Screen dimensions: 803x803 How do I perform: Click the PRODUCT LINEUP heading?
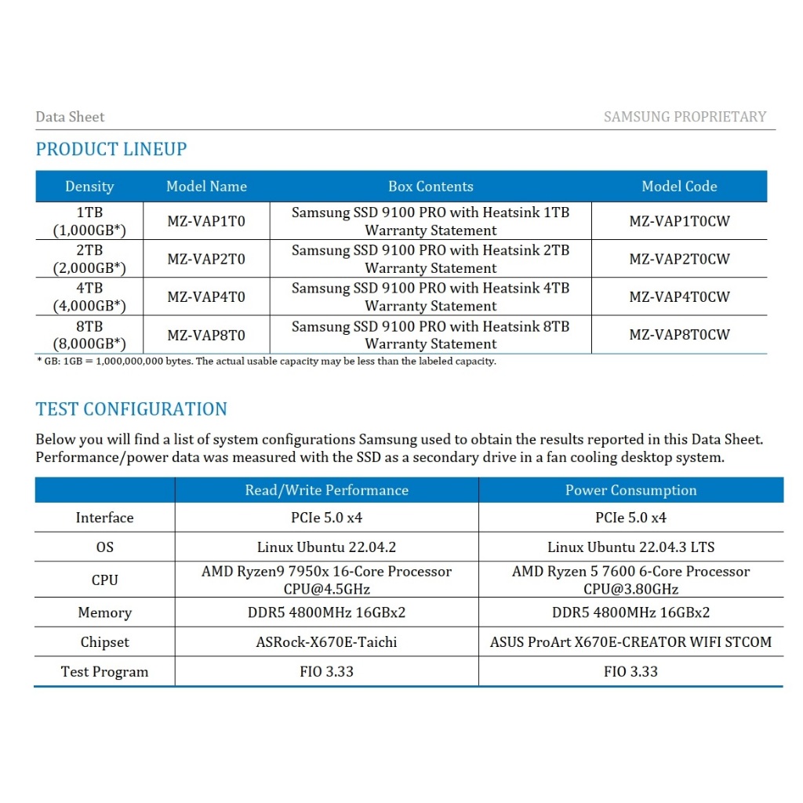tap(111, 149)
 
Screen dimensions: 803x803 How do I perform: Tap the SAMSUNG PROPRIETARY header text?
tap(685, 117)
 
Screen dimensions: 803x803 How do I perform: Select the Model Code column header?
tap(679, 187)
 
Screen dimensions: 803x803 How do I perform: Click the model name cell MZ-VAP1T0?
tap(206, 221)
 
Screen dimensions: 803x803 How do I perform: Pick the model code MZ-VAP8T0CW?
tap(679, 335)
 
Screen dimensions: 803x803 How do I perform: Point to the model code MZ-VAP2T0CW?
tap(679, 259)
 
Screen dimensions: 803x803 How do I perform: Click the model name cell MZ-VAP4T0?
tap(206, 297)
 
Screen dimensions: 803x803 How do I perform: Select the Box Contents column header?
tap(431, 187)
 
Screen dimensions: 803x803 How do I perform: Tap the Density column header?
tap(89, 187)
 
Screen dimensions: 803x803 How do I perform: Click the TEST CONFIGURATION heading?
tap(132, 409)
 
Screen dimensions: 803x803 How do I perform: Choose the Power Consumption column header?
tap(630, 490)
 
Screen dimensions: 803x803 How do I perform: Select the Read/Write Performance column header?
tap(326, 490)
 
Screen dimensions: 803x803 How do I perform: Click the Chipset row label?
tap(104, 642)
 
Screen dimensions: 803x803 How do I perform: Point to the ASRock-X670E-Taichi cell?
tap(326, 642)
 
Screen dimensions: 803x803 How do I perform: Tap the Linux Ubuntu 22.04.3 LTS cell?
tap(630, 547)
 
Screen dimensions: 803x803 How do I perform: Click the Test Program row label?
tap(104, 672)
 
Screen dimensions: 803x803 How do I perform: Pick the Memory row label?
tap(104, 612)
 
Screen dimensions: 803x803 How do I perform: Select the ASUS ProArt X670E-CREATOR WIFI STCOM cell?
tap(630, 642)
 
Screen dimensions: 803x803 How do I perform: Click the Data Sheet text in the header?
tap(70, 117)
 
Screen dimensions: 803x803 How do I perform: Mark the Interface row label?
tap(104, 518)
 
